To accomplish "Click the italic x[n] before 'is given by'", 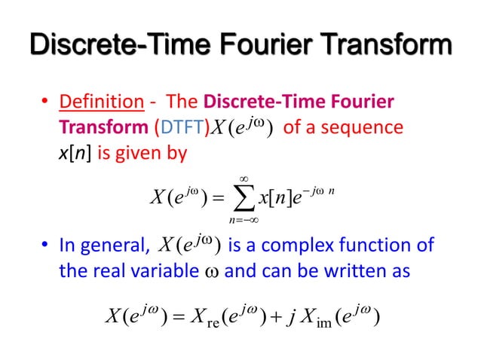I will (x=75, y=152).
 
